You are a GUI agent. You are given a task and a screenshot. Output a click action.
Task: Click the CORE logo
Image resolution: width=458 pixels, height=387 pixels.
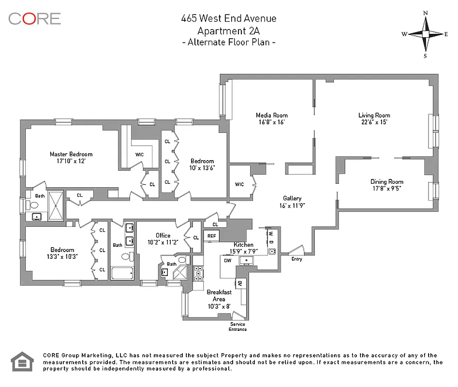[34, 19]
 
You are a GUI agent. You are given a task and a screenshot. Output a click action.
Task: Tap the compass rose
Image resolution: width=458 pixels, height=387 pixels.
[425, 34]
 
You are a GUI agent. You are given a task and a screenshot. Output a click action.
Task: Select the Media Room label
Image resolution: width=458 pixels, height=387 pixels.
[271, 115]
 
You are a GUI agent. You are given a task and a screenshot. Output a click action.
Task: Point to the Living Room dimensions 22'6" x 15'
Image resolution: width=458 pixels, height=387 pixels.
[374, 122]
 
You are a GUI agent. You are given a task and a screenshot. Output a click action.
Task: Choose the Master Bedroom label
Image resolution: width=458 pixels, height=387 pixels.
[71, 154]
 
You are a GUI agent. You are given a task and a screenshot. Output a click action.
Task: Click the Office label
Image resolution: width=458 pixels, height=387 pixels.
[163, 236]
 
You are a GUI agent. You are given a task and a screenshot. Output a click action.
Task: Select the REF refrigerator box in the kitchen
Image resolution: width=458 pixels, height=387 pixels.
[212, 236]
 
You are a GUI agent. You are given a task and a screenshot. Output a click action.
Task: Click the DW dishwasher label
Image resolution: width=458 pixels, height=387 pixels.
[227, 260]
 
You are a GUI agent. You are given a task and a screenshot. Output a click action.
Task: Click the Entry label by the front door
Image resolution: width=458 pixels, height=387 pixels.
[296, 259]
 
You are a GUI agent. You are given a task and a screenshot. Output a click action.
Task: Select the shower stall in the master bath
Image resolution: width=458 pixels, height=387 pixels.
[57, 206]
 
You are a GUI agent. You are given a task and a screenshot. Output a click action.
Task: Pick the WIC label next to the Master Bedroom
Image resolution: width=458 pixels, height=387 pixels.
[139, 154]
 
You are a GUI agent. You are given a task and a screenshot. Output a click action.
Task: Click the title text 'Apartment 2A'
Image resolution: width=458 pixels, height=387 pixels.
[229, 30]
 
